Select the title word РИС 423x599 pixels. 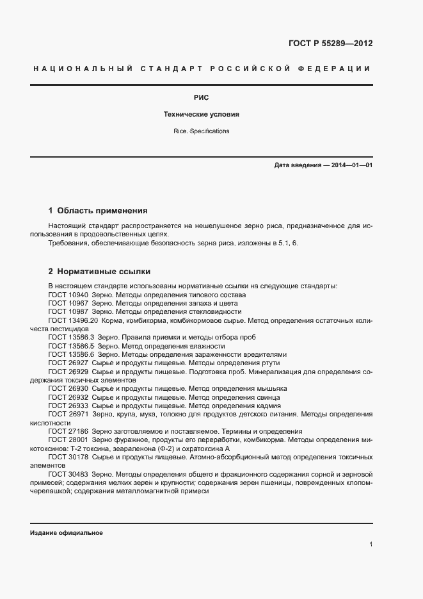201,98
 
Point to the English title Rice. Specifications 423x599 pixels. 201,131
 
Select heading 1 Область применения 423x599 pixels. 98,210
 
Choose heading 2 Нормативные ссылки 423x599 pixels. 100,271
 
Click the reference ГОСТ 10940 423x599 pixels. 68,294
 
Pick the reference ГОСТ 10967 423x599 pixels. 68,302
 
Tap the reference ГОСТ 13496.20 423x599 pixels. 72,320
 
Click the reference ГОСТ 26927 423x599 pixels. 68,363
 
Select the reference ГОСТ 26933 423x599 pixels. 68,406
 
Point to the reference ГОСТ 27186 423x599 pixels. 68,431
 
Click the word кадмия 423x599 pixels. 267,406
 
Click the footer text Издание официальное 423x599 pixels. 67,533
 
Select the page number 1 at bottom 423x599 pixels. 371,545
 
